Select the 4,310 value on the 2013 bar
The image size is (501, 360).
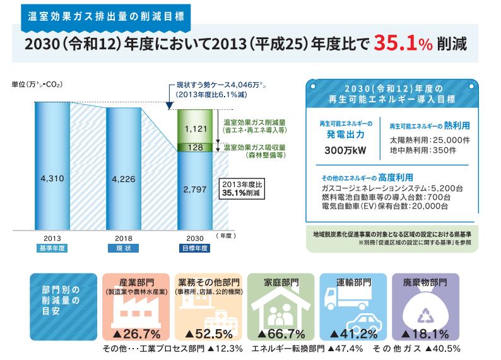tap(52, 179)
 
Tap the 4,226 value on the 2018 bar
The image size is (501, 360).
tap(124, 179)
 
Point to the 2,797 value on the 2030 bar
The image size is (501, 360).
tap(195, 188)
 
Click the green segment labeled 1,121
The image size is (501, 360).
tap(195, 128)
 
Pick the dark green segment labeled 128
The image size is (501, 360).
tap(195, 147)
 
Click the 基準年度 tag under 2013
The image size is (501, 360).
tap(52, 248)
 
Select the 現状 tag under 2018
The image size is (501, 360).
tap(124, 248)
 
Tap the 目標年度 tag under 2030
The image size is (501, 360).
tap(195, 248)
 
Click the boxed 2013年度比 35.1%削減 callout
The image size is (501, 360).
tap(240, 189)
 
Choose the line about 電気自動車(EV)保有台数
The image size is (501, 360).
tap(384, 206)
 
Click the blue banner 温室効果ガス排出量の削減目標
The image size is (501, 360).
tap(105, 15)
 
